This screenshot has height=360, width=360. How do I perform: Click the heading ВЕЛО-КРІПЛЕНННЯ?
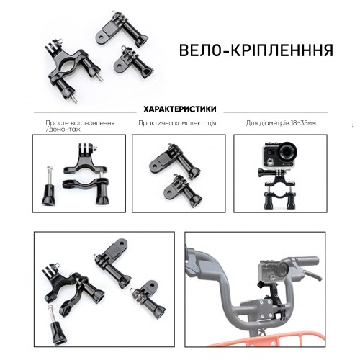[256, 50]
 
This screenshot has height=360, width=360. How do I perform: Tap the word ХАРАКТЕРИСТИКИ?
[180, 109]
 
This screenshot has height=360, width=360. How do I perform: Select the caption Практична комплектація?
[177, 123]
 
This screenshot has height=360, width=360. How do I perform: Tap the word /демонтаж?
[63, 130]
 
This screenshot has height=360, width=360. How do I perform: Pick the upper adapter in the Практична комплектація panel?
[175, 161]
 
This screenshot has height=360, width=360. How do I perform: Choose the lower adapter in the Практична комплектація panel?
[183, 190]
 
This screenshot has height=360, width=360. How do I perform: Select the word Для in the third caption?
[251, 123]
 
